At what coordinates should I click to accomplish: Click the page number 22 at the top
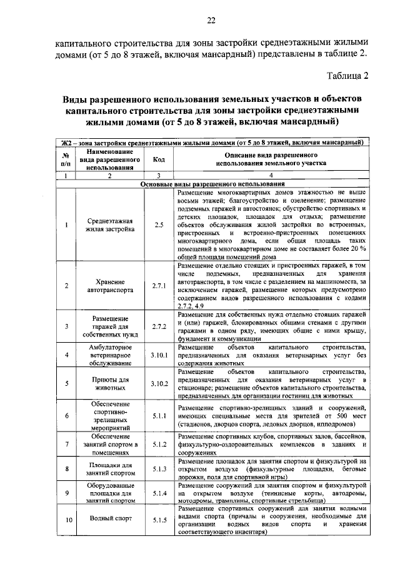tap(211, 21)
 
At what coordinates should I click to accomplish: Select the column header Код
tap(159, 159)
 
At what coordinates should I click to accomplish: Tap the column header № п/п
tap(65, 159)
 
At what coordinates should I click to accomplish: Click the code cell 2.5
tap(159, 224)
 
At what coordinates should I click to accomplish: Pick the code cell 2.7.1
tap(159, 286)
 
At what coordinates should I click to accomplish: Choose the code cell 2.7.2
tap(159, 326)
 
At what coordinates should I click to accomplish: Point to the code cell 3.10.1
tap(159, 355)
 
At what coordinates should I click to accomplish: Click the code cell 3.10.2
tap(159, 383)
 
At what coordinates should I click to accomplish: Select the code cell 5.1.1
tap(159, 415)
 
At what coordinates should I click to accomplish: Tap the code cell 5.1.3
tap(159, 468)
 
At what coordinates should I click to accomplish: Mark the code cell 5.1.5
tap(159, 520)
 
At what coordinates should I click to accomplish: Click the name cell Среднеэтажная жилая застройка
tap(109, 224)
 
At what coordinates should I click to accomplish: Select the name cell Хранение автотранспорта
tap(109, 286)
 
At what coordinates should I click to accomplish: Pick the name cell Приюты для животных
tap(109, 383)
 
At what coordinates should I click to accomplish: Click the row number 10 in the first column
tap(65, 520)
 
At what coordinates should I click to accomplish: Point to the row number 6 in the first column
tap(65, 415)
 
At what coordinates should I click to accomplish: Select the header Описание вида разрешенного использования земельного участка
tap(271, 159)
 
